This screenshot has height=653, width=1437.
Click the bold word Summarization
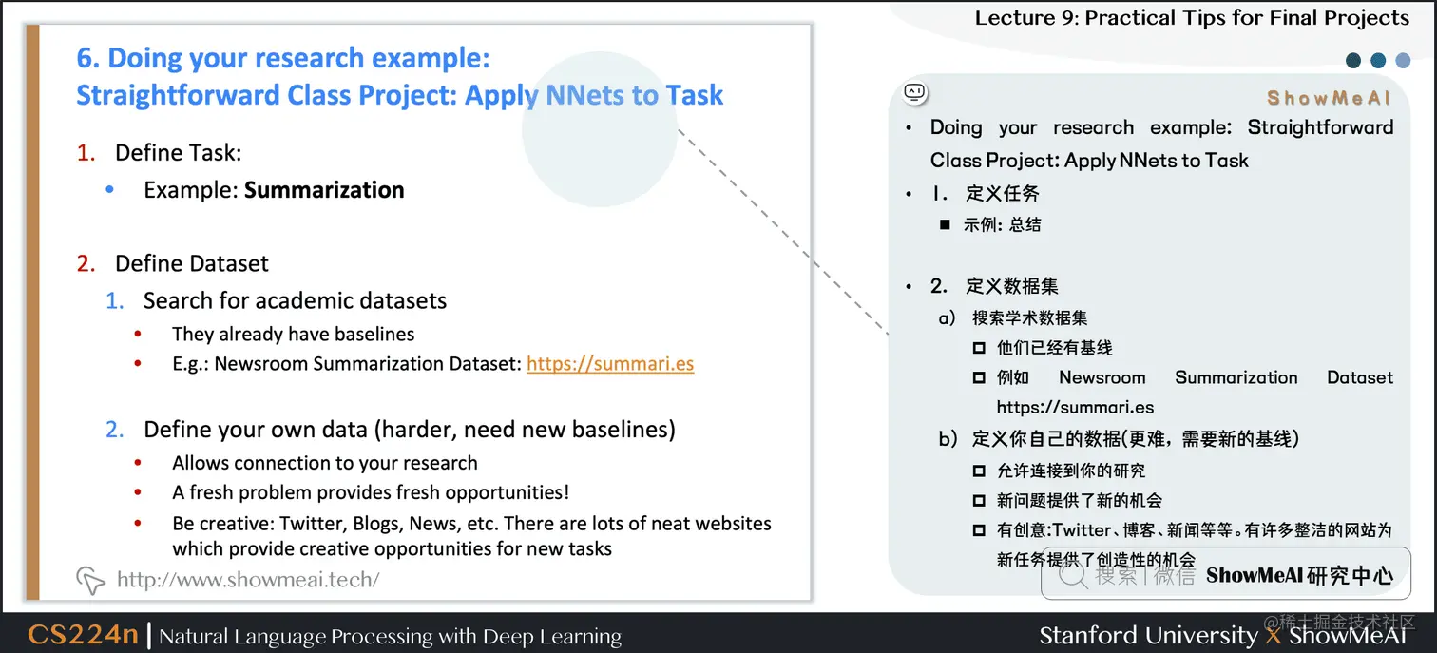[324, 190]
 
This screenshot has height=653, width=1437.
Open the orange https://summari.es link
[610, 364]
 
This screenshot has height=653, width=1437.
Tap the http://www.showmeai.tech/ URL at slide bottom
[247, 579]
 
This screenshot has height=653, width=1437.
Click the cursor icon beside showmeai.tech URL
[90, 580]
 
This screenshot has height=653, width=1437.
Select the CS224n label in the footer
[83, 635]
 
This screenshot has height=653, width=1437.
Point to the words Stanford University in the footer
[1147, 635]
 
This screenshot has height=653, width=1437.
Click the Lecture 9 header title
[1192, 18]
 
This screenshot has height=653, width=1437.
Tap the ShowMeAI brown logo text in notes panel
[1329, 98]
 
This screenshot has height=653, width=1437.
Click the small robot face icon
[915, 93]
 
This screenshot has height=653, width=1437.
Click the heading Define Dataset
[191, 263]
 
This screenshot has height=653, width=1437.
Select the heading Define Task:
[178, 153]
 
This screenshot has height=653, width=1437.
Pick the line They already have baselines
[293, 335]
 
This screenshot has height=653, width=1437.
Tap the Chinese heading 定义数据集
[1011, 286]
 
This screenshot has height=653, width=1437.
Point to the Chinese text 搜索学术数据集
[1029, 318]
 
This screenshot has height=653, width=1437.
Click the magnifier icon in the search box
[1072, 574]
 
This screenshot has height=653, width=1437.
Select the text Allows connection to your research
[324, 464]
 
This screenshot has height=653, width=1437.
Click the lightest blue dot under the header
[1403, 61]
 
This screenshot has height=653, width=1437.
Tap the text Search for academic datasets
[295, 301]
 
